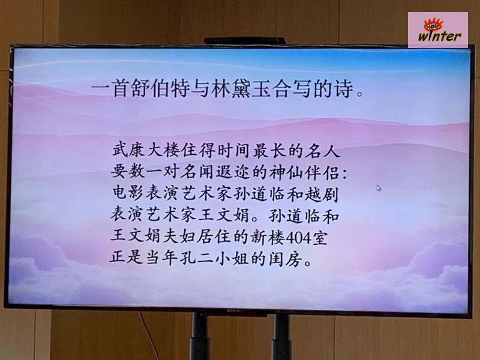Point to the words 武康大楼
(145, 151)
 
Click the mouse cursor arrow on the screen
(379, 188)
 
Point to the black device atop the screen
(245, 41)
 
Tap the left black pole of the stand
(200, 336)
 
